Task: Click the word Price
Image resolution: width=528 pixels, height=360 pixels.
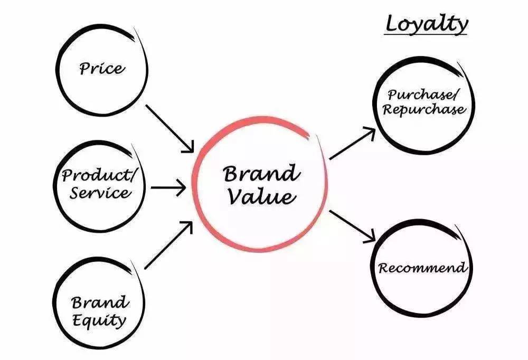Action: point(102,68)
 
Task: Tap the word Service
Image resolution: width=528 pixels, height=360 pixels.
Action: point(100,193)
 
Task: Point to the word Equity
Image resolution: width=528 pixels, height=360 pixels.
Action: point(99,320)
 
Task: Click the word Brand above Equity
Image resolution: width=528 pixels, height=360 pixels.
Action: point(100,302)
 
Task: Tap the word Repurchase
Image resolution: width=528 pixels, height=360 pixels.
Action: point(425,110)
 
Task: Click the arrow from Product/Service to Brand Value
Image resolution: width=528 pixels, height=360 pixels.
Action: point(168,187)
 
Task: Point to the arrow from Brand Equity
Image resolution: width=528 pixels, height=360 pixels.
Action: point(168,245)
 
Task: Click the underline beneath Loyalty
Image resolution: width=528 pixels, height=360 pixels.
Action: point(426,35)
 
